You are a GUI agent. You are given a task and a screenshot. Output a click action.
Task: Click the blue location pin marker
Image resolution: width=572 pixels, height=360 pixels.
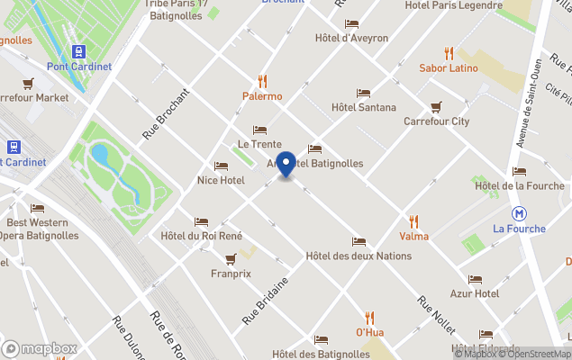click(286, 164)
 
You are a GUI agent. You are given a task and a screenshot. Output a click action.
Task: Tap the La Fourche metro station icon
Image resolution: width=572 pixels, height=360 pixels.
click(519, 213)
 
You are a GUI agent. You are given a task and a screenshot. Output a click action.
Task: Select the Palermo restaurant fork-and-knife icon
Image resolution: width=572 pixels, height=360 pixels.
click(262, 81)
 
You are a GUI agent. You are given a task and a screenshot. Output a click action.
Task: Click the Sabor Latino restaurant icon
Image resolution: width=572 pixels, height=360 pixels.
click(449, 53)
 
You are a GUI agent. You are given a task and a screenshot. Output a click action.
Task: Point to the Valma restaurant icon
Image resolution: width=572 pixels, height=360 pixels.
click(413, 221)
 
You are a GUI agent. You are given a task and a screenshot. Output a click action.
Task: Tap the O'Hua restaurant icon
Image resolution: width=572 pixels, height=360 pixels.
click(369, 318)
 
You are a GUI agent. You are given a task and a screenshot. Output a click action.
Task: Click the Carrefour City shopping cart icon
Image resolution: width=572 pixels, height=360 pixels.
click(436, 106)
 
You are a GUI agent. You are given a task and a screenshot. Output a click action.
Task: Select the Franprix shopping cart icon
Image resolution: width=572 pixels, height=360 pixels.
click(231, 258)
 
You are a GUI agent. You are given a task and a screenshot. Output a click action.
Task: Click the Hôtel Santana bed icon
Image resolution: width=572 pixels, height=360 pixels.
click(363, 93)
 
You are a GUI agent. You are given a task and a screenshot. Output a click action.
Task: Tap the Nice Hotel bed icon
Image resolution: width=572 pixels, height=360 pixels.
click(221, 166)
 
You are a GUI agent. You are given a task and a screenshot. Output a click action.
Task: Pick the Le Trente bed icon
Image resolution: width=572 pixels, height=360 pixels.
click(259, 130)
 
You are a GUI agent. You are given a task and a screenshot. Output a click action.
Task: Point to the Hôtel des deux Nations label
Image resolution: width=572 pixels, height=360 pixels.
click(359, 256)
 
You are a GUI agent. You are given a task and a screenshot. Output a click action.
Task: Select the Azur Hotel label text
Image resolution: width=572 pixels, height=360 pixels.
click(474, 294)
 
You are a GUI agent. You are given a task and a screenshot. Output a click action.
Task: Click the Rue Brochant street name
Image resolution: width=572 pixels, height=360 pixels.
click(167, 113)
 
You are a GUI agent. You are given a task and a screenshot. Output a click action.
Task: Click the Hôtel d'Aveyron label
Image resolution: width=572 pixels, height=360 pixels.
click(351, 39)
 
